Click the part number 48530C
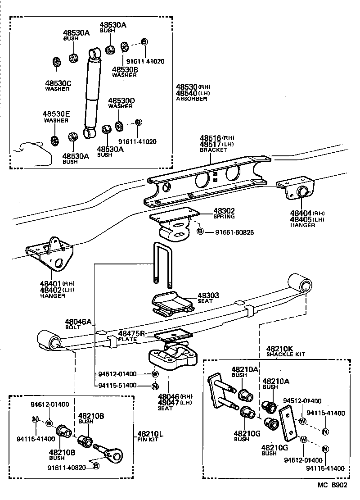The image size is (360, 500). point(58,83)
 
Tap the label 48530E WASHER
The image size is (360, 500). point(56,118)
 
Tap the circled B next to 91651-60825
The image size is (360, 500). point(200,232)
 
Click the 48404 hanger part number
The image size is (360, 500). point(301,213)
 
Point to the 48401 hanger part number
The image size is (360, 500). point(51,283)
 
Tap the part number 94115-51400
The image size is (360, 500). point(117,385)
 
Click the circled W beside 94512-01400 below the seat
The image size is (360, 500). point(154,374)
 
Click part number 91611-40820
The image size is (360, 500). point(67,467)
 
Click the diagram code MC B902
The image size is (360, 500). point(333,486)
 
